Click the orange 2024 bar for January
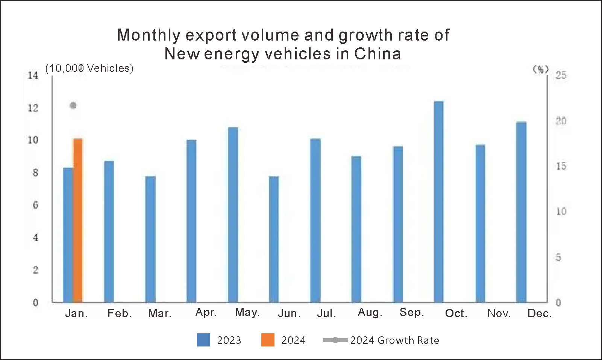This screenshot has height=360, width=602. pos(78,221)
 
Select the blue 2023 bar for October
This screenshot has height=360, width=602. pos(439,202)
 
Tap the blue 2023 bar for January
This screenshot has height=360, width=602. pos(68,235)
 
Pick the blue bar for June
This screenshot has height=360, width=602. pos(274,239)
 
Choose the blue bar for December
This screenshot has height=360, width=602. pos(522,212)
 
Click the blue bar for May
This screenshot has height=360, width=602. pos(233,215)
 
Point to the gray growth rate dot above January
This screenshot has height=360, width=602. pos(73,105)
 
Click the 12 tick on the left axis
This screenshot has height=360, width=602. pos(33,108)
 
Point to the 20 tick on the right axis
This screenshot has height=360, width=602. pos(561,121)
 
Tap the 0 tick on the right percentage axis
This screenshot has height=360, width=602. pos(558,303)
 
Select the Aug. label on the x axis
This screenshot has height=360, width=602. pos(370,313)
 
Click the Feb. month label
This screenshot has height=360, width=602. pos(120,313)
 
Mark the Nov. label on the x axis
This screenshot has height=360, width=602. pos(499,313)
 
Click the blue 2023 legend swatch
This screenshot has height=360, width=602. pos(203,340)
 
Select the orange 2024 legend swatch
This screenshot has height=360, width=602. pos(268,340)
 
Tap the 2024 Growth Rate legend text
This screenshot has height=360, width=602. pos(394,340)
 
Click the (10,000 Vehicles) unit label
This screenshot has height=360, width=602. pos(89,68)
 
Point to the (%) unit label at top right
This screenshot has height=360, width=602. pos(541,69)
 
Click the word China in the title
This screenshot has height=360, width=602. pos(378,54)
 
